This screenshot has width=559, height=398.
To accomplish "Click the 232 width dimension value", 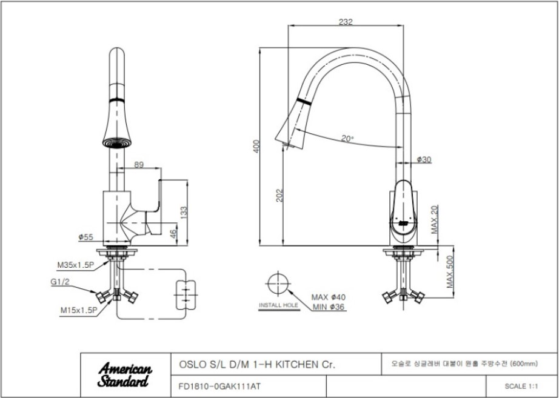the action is point(346,21).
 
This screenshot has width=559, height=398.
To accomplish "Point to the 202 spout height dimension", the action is point(279,195).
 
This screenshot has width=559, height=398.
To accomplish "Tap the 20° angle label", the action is point(347,138).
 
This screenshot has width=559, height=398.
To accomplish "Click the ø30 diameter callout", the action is point(424,160).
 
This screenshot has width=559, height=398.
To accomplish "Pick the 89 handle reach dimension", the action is point(139,164).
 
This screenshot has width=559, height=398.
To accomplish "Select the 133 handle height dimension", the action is point(184,213).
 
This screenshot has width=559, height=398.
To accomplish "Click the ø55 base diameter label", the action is point(85,237).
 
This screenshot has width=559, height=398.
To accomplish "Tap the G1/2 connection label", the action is point(59,282).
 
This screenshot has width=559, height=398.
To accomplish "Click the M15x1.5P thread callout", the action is point(78,310).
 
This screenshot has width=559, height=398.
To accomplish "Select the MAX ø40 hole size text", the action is point(329,297).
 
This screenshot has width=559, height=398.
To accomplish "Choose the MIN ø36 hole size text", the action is point(329,307).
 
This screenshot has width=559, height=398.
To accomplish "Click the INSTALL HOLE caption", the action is point(278,305).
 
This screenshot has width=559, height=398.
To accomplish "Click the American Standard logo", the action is point(125,374).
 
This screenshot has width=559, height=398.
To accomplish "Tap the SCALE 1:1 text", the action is point(521,386).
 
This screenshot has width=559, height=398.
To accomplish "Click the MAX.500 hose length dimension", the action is point(450,271).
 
